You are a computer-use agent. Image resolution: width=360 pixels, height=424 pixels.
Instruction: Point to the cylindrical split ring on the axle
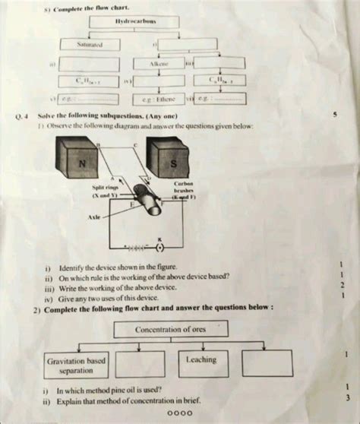coord(146,204)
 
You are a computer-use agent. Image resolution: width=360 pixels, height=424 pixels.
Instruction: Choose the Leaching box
coord(200,360)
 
